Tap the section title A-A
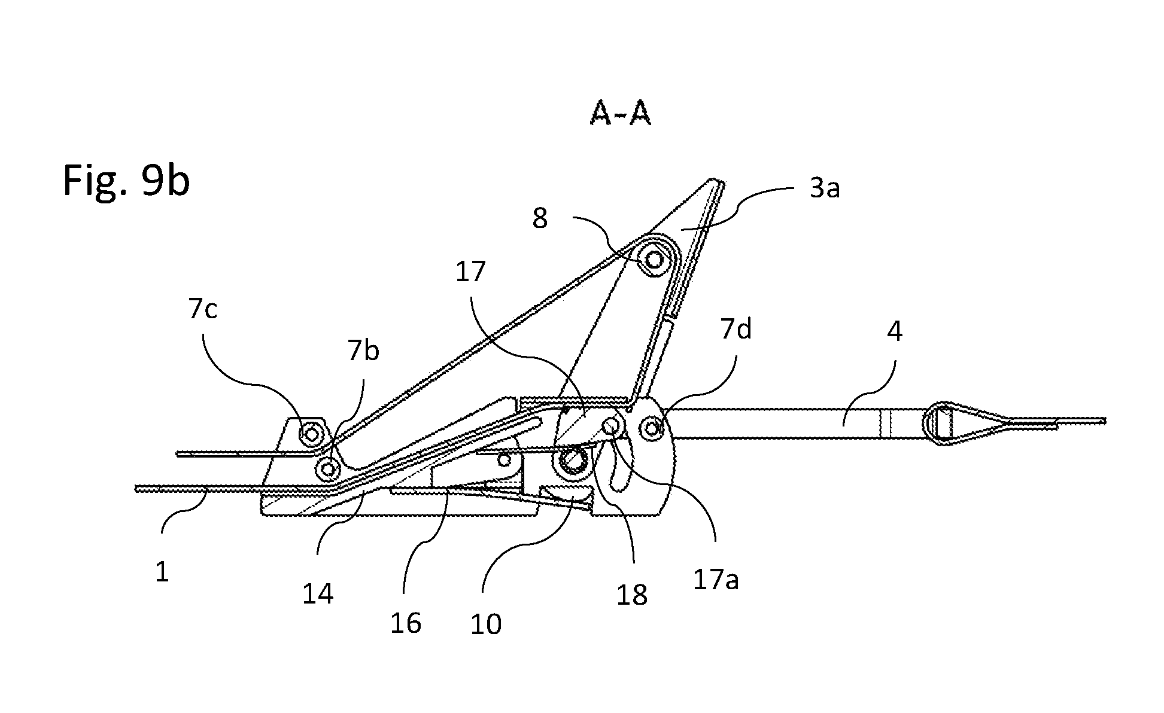click(620, 114)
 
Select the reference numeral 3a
click(825, 188)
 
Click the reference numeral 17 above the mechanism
click(470, 272)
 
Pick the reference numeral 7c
click(203, 309)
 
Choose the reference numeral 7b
click(363, 351)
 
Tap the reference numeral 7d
click(736, 329)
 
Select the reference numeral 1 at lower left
click(162, 572)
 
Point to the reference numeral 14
click(318, 594)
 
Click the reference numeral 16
click(405, 623)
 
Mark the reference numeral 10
click(485, 624)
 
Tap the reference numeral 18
click(632, 595)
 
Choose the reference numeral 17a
click(716, 580)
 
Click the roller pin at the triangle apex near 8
click(654, 260)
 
